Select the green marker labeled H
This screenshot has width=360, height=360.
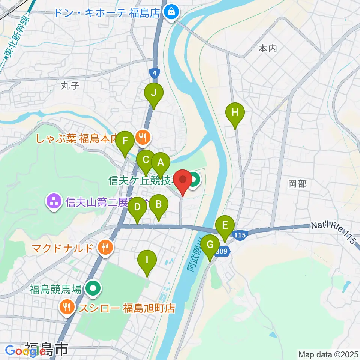235,112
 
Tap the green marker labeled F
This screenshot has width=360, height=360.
125,142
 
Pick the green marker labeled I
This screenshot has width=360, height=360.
147,260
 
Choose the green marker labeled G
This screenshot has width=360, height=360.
210,245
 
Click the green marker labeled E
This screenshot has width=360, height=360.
225,226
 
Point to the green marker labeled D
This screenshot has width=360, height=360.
137,207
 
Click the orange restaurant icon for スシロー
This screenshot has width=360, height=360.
67,307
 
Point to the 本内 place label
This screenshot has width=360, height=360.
268,48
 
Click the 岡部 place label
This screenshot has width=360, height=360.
297,184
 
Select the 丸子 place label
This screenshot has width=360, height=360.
70,86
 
